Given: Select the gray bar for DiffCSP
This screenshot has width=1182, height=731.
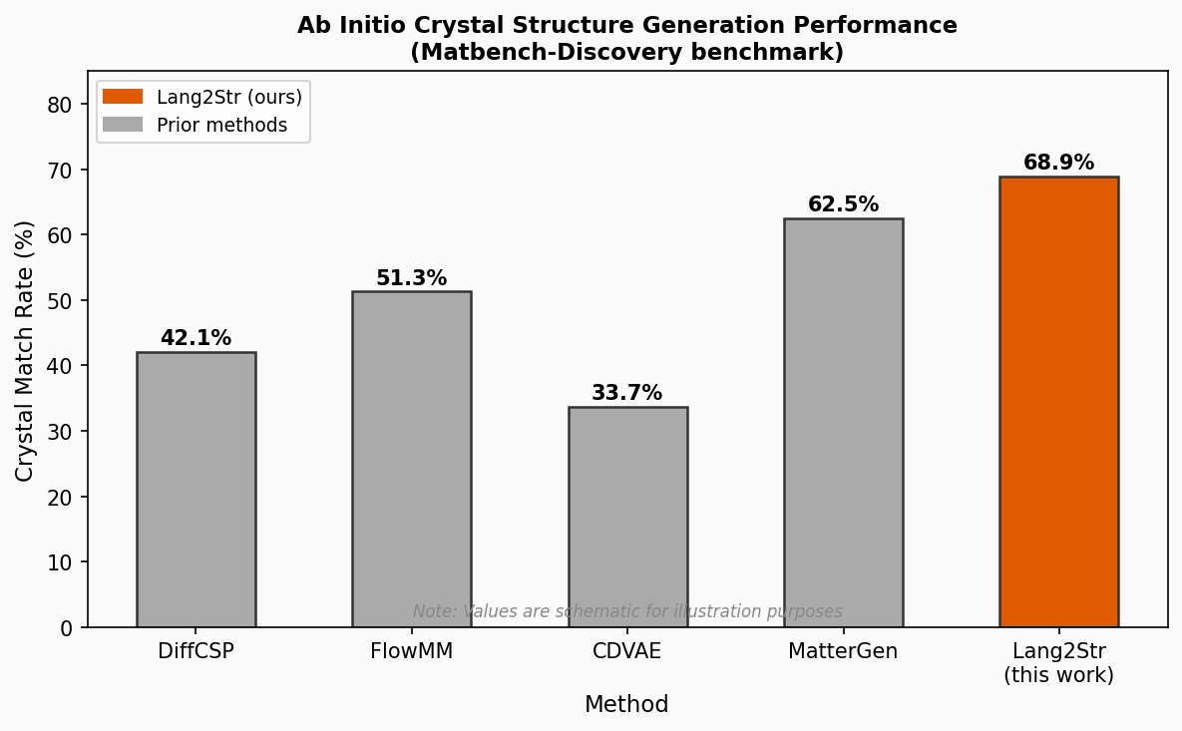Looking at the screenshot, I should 196,490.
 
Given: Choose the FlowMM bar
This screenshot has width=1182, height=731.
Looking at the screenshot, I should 411,459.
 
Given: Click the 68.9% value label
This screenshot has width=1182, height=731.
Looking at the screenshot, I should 1058,163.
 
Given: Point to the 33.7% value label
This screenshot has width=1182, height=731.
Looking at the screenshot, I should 626,393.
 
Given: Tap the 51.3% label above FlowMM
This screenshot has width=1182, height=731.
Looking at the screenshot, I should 411,278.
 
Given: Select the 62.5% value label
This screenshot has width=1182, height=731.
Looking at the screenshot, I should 843,204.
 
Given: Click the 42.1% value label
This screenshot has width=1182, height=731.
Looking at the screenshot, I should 196,338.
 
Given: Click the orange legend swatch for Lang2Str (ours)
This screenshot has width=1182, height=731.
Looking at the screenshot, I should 123,97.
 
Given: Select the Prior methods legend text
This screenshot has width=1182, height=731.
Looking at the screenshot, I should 221,126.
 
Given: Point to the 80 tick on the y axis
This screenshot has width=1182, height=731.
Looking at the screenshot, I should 62,105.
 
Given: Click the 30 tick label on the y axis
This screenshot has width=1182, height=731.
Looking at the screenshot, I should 62,432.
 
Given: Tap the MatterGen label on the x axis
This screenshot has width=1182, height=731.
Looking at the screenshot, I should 843,651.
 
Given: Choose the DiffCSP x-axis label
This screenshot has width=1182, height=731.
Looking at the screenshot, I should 196,651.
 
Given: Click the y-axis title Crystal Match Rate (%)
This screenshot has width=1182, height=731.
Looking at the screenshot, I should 25,350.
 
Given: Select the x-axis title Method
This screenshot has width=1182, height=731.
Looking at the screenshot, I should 626,705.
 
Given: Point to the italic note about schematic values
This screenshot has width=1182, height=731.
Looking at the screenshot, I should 627,611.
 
